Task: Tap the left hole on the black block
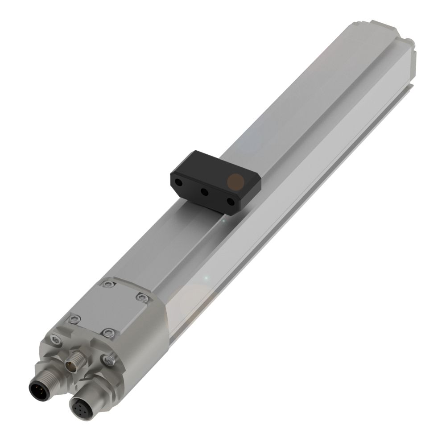click(179, 183)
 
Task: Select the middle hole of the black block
click(204, 192)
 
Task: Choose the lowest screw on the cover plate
click(108, 332)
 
